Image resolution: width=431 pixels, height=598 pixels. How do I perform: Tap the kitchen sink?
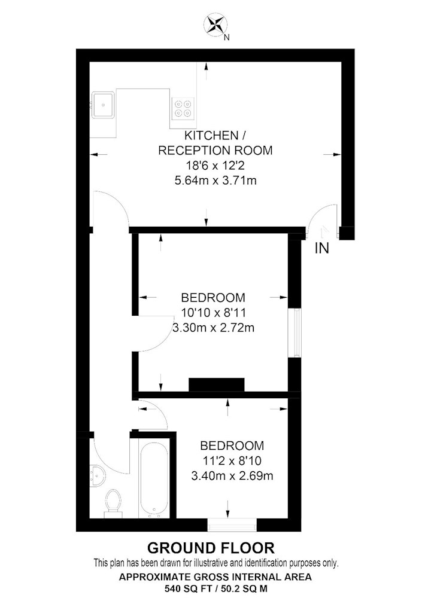(103, 105)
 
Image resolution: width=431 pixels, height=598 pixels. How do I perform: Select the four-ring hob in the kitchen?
(183, 108)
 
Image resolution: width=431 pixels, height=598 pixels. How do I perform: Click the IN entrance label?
(321, 248)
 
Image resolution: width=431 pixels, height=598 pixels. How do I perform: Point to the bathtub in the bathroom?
(153, 478)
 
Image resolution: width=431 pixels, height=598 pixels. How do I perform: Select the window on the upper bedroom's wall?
(295, 333)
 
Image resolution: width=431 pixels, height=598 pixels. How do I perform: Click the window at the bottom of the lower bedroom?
(232, 525)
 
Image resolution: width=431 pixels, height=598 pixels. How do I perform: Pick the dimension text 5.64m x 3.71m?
(215, 181)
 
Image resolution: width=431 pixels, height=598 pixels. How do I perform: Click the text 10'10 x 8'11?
(213, 313)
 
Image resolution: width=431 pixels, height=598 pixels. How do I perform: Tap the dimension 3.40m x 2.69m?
(232, 476)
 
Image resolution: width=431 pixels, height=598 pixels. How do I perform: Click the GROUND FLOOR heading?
(211, 548)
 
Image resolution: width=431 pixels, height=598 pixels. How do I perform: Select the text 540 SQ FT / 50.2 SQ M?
(215, 588)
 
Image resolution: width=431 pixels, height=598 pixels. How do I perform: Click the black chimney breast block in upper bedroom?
(217, 385)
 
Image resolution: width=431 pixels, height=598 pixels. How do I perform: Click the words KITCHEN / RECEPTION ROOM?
(215, 143)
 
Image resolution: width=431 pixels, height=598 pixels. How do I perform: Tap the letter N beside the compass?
(227, 37)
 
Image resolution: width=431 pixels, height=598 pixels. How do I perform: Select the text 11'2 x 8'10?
(232, 460)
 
